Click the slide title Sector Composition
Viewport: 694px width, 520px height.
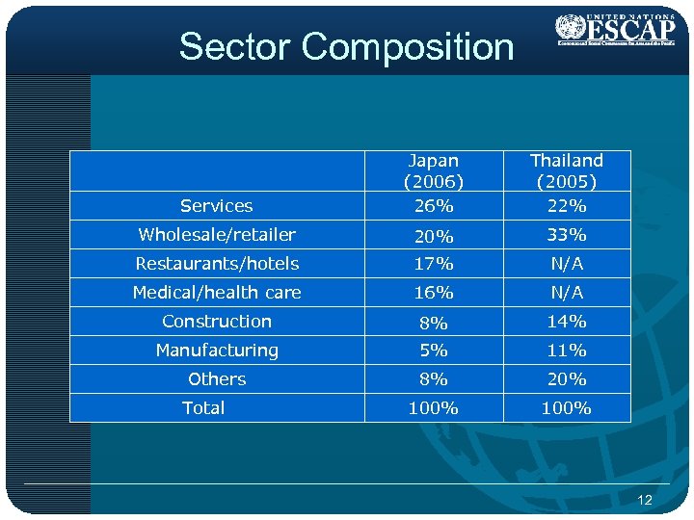(346, 46)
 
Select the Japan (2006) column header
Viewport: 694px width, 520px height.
(433, 170)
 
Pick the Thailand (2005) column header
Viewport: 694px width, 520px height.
(567, 170)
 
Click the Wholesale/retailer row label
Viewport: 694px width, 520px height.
(217, 235)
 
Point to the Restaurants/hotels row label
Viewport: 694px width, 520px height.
(217, 264)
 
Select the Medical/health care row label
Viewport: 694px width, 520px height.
(217, 293)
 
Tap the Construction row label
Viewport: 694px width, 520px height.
(217, 322)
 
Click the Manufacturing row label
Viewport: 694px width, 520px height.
(217, 351)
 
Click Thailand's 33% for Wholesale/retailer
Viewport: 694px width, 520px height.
(567, 235)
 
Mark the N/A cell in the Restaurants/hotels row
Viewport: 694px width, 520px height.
(567, 264)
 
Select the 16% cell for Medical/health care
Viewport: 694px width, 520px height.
(433, 293)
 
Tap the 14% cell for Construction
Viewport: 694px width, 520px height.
(567, 322)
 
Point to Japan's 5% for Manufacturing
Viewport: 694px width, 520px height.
(433, 351)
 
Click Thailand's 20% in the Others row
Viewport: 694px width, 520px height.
(567, 379)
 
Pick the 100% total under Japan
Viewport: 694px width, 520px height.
(433, 408)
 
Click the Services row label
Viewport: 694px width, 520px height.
(217, 206)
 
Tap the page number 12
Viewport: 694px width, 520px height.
(645, 500)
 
